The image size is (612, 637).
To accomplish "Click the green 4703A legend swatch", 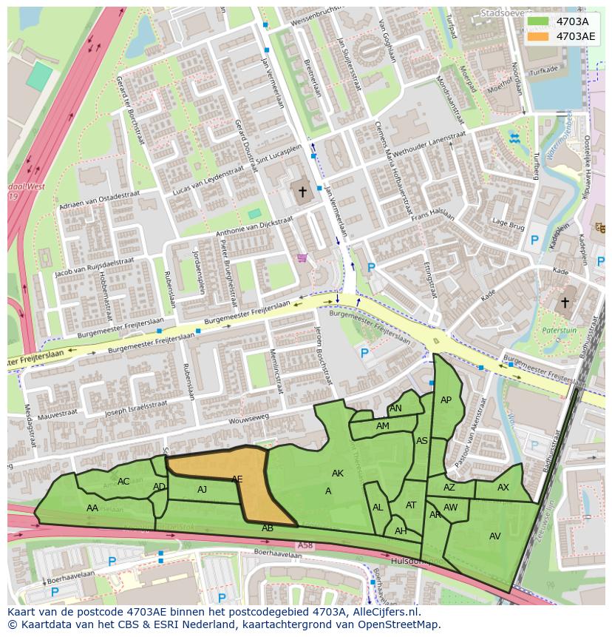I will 539,21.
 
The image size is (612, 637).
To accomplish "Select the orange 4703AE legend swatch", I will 539,36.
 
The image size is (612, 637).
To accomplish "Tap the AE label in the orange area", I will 237,480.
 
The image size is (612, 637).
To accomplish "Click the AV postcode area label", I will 494,536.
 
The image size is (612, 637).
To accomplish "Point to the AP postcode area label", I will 446,400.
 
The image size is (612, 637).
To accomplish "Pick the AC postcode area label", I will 123,482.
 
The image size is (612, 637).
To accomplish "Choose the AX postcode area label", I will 503,488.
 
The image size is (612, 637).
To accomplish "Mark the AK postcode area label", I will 337,473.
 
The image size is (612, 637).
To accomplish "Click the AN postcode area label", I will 395,408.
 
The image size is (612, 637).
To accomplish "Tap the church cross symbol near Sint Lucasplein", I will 302,192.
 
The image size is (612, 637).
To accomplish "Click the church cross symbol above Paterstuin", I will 565,303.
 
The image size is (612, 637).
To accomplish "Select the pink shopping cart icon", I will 302,258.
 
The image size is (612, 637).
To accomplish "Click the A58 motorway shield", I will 305,545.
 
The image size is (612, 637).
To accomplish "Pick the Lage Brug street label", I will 508,223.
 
